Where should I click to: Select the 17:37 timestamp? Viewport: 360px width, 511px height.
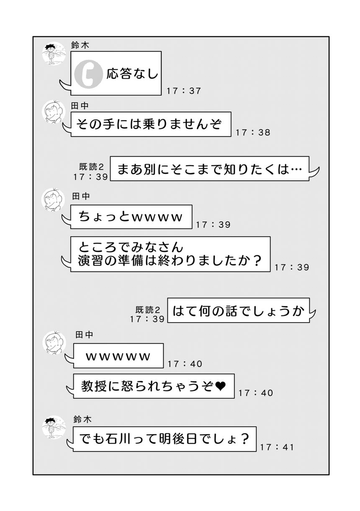coord(184,91)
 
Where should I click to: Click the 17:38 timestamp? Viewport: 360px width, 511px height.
coord(253,132)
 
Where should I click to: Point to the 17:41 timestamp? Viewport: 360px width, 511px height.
coord(277,447)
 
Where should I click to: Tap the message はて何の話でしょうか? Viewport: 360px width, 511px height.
coord(238,310)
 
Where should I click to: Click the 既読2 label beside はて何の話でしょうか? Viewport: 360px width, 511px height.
coord(148,309)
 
